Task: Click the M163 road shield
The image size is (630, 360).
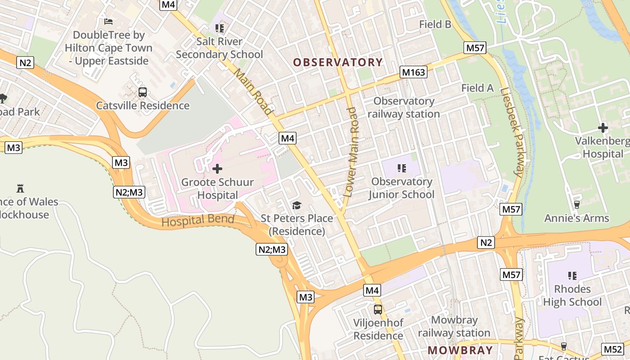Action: coord(413,72)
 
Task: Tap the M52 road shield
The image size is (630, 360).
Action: coord(612,349)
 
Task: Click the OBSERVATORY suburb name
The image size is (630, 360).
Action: coord(338,62)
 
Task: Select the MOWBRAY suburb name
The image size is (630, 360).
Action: coord(460,350)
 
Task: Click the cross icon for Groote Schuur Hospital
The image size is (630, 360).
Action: coord(217,169)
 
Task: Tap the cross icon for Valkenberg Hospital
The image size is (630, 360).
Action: coord(603,128)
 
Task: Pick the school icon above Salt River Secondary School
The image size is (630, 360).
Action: coord(220,28)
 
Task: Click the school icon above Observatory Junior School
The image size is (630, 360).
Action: coord(402,168)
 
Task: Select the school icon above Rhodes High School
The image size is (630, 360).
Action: coord(572,275)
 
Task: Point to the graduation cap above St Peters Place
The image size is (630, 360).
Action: coord(297,206)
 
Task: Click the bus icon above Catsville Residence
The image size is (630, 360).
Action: coord(143,92)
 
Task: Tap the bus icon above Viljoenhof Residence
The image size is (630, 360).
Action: coord(378,310)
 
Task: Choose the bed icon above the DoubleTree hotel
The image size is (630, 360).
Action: coord(108,21)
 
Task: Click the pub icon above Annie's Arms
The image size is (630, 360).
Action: coord(576,205)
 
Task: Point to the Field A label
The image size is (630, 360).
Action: coord(477,88)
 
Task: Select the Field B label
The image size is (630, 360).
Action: coord(435,24)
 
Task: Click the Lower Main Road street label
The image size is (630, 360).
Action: coord(352,152)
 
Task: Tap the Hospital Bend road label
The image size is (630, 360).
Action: coord(198,221)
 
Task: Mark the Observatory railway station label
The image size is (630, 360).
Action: coord(404,108)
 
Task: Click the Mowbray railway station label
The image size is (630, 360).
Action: coord(454,327)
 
